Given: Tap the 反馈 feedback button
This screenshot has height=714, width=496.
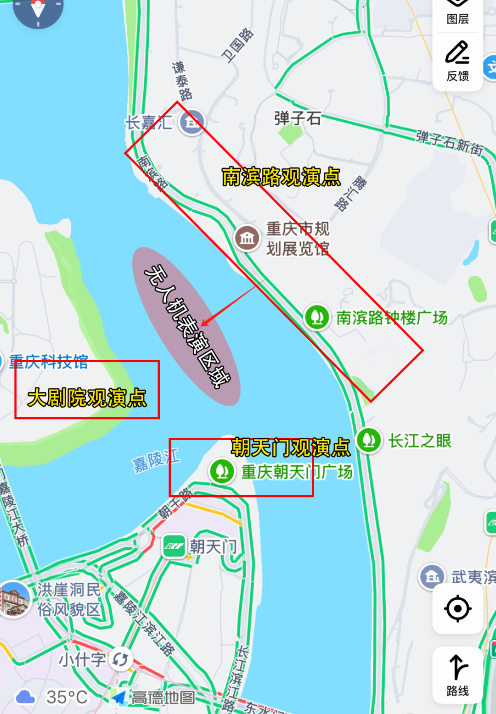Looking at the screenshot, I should tap(457, 61).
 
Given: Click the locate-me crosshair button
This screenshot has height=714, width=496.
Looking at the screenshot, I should tap(457, 609).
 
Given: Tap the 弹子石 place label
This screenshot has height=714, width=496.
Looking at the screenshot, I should tap(297, 118).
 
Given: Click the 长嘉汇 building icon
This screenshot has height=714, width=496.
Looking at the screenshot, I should tap(192, 122).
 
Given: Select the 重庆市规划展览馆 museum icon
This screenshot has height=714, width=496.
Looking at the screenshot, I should tap(247, 238).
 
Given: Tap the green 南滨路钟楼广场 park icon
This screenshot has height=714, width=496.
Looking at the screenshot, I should tap(317, 317).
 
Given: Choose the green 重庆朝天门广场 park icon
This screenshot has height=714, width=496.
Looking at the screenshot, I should tap(223, 471).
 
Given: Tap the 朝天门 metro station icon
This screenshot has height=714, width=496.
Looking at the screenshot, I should tap(174, 546).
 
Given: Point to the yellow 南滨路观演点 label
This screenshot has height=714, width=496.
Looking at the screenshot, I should tap(281, 177).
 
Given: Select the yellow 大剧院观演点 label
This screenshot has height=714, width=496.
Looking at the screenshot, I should tap(87, 397).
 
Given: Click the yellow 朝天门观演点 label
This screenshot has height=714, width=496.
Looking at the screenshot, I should tap(290, 447).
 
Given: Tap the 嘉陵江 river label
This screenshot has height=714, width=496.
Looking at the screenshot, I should tap(156, 460).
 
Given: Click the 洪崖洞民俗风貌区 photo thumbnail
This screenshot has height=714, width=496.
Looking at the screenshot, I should tap(15, 599).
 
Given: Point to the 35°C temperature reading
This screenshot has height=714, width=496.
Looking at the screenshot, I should tap(67, 697).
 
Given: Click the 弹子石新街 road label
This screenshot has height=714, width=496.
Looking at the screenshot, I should tap(450, 143).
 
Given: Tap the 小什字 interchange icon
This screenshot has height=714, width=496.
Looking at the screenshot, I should tap(120, 660).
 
